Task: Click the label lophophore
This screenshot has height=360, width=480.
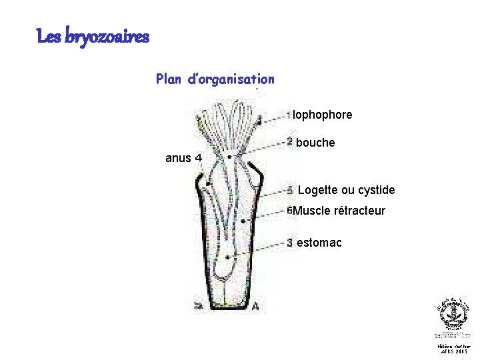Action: pyautogui.click(x=323, y=115)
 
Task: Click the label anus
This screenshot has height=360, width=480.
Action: pyautogui.click(x=178, y=159)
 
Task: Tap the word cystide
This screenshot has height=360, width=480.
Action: pyautogui.click(x=377, y=191)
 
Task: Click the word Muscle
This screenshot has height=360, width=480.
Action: pyautogui.click(x=311, y=211)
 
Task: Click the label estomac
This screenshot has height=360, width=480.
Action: pyautogui.click(x=319, y=243)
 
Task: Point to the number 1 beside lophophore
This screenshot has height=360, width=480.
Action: pyautogui.click(x=289, y=115)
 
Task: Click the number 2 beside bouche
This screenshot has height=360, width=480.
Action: pyautogui.click(x=290, y=141)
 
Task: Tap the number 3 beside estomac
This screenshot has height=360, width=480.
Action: pyautogui.click(x=290, y=242)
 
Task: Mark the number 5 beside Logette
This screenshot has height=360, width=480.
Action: pyautogui.click(x=290, y=190)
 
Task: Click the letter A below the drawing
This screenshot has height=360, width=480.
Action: pyautogui.click(x=256, y=307)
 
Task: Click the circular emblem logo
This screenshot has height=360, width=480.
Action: pyautogui.click(x=453, y=313)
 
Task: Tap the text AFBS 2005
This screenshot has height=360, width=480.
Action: pyautogui.click(x=453, y=352)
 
